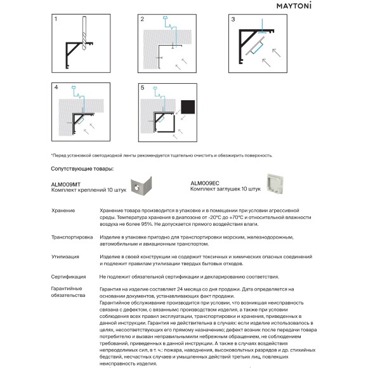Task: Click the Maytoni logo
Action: click(294, 6)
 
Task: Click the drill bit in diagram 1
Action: click(84, 33)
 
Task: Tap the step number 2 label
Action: click(142, 19)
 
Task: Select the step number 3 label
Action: click(233, 19)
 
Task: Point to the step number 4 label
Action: click(56, 88)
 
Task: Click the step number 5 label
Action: click(142, 88)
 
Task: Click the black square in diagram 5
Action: click(188, 107)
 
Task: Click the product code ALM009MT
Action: click(66, 185)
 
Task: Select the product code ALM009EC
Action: click(205, 183)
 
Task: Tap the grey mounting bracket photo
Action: click(141, 186)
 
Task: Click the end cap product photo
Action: click(275, 185)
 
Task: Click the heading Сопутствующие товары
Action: click(82, 169)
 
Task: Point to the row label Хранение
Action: click(63, 211)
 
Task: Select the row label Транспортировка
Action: click(72, 237)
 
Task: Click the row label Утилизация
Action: click(65, 257)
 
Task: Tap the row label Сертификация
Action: click(69, 277)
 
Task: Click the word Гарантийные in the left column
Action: click(67, 289)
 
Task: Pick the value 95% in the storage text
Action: click(147, 224)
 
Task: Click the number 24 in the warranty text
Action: click(180, 289)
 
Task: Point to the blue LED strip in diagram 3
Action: click(257, 48)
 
